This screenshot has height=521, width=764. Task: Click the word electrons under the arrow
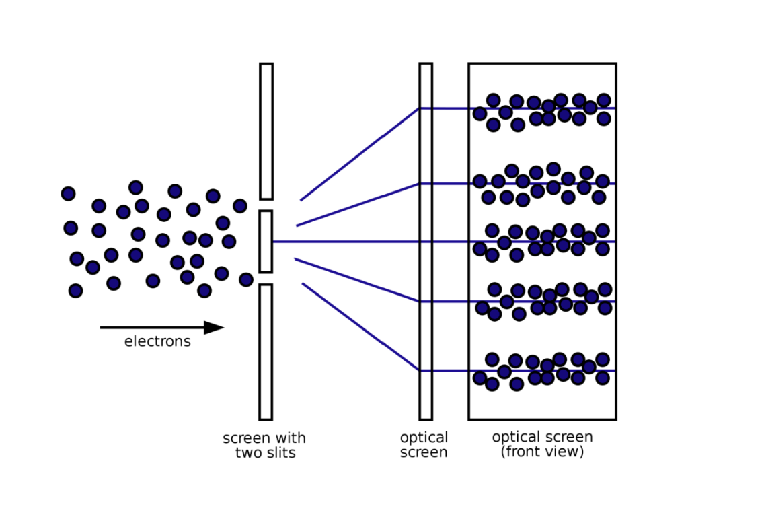[157, 342]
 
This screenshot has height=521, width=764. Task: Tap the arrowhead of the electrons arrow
[214, 328]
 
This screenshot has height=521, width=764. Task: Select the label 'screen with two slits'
[264, 446]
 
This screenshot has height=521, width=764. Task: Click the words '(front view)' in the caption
[542, 452]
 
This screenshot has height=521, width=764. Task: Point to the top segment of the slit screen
[266, 131]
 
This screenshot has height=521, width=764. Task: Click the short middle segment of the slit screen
[266, 242]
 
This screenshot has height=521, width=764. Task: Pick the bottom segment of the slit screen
[266, 351]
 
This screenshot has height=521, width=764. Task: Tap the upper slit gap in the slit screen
[266, 205]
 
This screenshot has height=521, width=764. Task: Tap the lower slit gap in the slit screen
[266, 279]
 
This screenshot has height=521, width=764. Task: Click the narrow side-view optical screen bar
[426, 241]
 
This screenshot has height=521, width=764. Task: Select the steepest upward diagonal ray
[359, 155]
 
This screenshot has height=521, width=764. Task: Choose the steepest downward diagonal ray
[360, 326]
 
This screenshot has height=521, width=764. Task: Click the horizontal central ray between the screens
[346, 242]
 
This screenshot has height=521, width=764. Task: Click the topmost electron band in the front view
[542, 110]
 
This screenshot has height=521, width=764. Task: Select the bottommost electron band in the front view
[542, 371]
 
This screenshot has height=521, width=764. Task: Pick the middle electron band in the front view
[542, 242]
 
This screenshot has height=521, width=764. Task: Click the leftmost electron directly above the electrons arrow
[75, 291]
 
